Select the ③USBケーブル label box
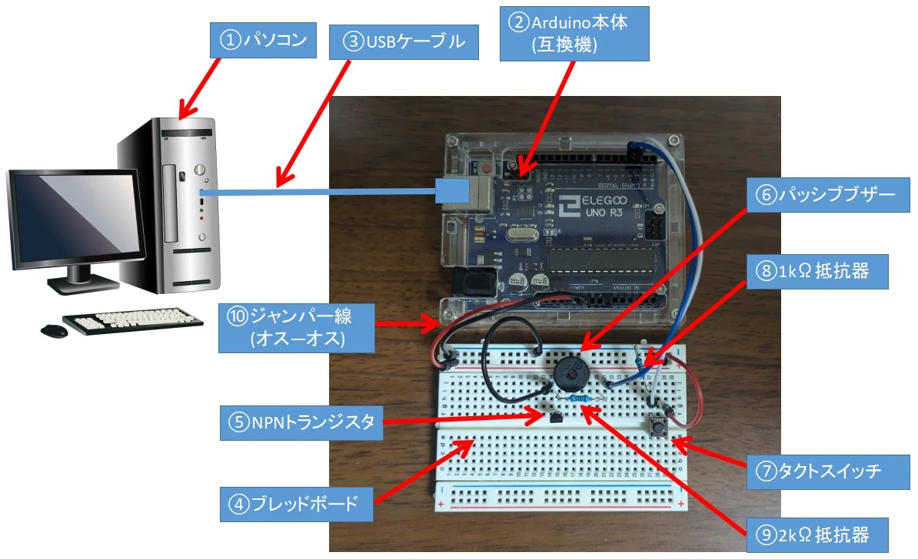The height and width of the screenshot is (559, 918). click(404, 42)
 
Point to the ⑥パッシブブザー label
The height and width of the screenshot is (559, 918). click(821, 196)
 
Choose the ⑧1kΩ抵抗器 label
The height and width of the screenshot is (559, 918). click(822, 271)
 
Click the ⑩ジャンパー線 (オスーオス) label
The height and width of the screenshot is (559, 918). click(297, 328)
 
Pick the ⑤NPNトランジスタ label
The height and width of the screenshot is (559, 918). click(301, 422)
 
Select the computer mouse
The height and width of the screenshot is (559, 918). click(54, 330)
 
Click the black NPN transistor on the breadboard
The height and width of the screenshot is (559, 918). click(554, 416)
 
